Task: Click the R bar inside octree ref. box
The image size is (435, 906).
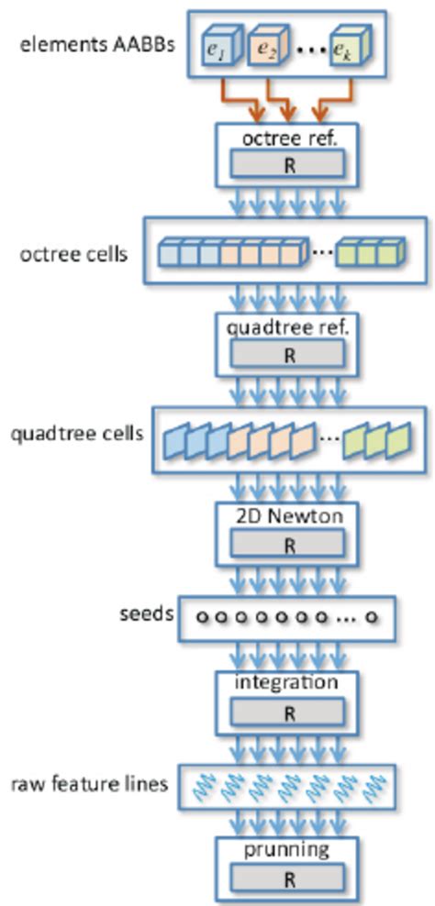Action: tap(288, 164)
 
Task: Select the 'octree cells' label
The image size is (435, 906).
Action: tap(73, 253)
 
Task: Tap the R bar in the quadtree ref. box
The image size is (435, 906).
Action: tap(288, 354)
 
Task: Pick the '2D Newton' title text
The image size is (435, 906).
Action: tap(288, 516)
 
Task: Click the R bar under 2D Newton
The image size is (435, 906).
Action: tap(288, 545)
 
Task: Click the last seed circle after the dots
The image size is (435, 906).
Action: tap(372, 619)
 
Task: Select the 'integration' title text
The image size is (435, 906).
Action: tap(288, 683)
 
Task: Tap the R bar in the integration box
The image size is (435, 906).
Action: tap(288, 712)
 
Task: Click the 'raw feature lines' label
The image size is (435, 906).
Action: tap(89, 785)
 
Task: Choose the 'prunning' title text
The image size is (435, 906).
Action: tap(288, 850)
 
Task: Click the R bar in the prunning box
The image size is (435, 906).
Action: tap(288, 878)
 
